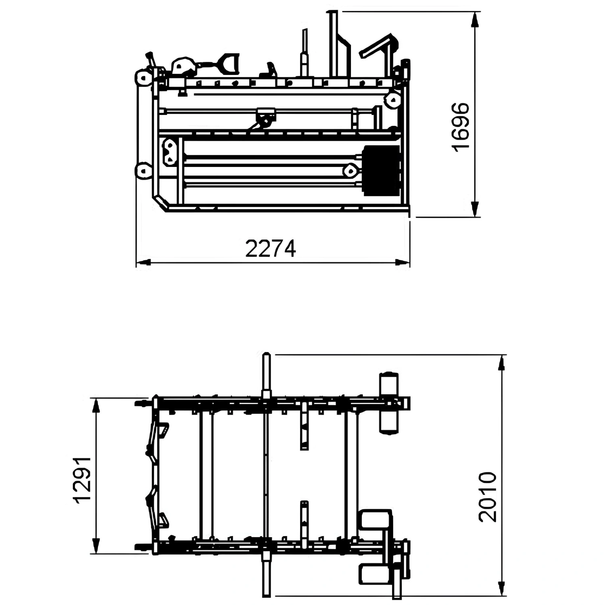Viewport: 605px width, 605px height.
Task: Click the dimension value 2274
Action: click(271, 248)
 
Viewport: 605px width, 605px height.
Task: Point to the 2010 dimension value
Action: click(488, 497)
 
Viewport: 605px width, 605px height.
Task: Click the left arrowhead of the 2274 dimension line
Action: click(143, 263)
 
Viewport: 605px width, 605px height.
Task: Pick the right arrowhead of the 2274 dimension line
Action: click(402, 263)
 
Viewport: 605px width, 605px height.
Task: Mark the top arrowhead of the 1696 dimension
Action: click(475, 19)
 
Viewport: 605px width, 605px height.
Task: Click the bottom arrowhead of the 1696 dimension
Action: click(475, 209)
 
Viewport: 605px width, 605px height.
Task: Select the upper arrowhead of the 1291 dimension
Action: click(96, 406)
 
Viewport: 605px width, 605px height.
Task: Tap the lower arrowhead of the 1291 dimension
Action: click(96, 546)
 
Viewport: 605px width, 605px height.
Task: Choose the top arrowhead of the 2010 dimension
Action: click(501, 363)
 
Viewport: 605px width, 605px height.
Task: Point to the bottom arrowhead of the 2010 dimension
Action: click(501, 588)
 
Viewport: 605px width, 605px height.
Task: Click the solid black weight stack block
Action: click(381, 171)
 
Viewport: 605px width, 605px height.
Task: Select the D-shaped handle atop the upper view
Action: click(229, 64)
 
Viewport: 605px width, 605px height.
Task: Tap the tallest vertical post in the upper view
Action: click(334, 44)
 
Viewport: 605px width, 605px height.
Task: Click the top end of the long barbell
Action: click(267, 354)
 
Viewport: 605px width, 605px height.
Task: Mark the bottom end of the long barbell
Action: click(267, 596)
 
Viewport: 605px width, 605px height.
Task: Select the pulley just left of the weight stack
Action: click(351, 171)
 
